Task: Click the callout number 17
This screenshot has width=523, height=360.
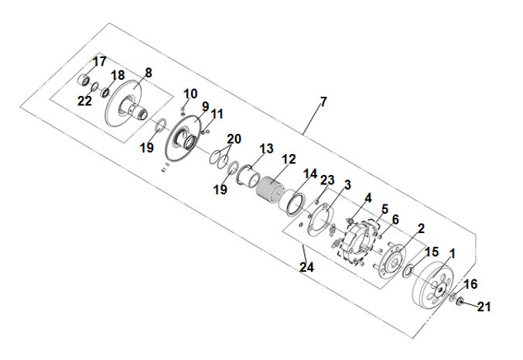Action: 99,61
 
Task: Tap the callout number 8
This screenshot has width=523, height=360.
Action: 149,73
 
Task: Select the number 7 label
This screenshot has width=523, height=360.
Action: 323,101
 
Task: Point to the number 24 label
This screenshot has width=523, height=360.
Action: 306,267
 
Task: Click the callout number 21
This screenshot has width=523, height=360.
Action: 484,307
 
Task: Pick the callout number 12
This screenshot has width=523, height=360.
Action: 289,159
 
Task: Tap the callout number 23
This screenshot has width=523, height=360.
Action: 327,180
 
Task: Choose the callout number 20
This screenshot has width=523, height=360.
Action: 234,139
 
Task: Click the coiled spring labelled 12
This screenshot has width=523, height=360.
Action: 269,190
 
